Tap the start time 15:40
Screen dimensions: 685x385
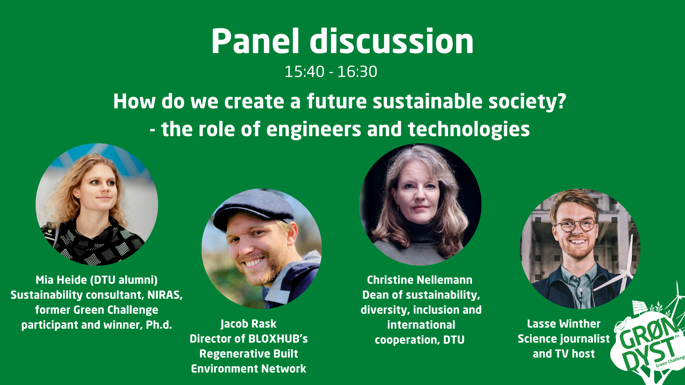click(304, 72)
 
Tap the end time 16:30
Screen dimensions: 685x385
click(357, 72)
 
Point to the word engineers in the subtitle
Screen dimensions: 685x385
click(314, 129)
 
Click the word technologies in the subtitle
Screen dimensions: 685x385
click(469, 129)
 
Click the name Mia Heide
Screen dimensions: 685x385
click(61, 280)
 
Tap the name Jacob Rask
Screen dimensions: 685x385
click(249, 324)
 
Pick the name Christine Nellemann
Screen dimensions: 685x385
click(420, 280)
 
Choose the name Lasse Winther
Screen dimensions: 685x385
click(564, 324)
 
